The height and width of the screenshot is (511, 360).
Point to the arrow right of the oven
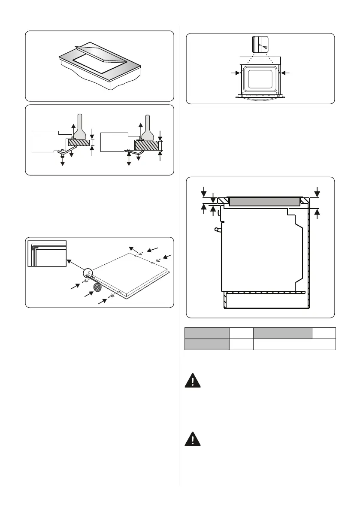286,73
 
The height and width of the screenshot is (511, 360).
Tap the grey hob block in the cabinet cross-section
263,202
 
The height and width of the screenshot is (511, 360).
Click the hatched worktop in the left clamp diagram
79,142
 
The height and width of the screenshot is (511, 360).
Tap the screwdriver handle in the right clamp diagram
148,124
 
